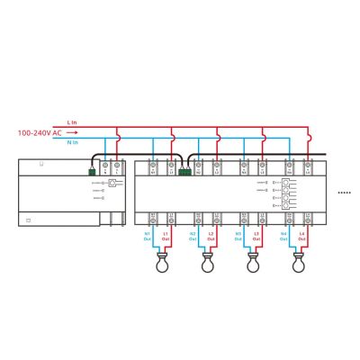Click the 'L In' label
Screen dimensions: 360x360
[73, 121]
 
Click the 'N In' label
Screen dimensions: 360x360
[73, 141]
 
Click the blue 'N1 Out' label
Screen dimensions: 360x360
[148, 238]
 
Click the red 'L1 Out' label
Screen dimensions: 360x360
[165, 238]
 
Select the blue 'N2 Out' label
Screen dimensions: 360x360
[193, 238]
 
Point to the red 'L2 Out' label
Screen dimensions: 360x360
[211, 238]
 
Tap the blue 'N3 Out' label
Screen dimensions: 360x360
[238, 238]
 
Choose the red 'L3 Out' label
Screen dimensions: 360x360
[256, 238]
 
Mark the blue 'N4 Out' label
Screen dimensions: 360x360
[283, 238]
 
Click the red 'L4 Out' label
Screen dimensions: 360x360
[301, 238]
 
